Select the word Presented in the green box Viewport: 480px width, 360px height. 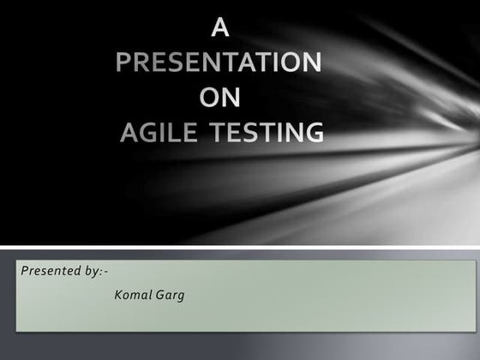coord(48,271)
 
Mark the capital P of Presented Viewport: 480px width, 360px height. coord(25,271)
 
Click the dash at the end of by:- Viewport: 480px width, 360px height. coord(105,272)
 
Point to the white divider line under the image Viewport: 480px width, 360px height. coord(240,248)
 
